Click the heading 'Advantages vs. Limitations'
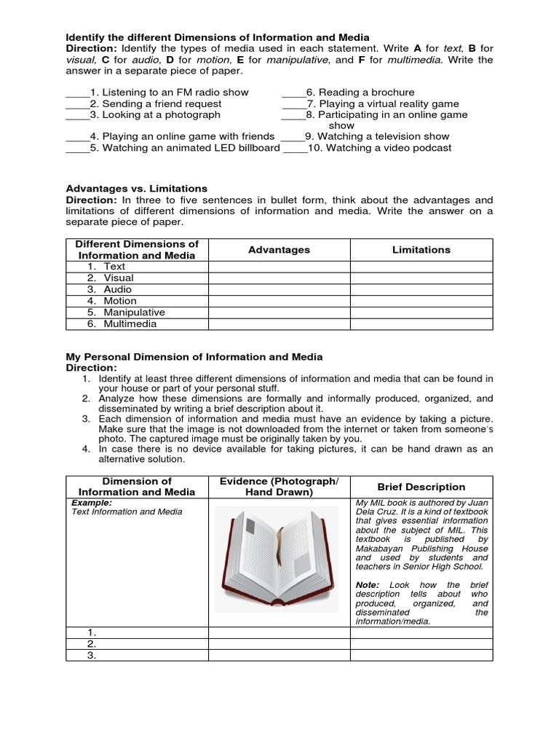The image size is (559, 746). click(136, 189)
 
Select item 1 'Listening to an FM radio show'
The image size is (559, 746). click(175, 93)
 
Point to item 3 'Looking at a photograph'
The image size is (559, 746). click(161, 114)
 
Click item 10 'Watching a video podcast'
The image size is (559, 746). click(389, 148)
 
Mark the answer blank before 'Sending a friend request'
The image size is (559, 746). click(77, 103)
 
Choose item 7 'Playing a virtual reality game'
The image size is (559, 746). click(389, 103)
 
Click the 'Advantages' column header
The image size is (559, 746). click(279, 250)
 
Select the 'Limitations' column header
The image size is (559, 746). click(421, 250)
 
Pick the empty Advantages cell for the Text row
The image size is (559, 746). click(279, 267)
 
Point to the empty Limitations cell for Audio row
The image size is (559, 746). click(421, 289)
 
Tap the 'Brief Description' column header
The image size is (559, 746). click(421, 487)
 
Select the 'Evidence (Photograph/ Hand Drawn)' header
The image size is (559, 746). click(279, 487)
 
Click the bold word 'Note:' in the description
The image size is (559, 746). click(368, 585)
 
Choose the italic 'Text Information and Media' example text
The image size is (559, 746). click(127, 511)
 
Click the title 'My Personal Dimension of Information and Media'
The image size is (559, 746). click(194, 357)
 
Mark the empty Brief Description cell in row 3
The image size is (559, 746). click(421, 655)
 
